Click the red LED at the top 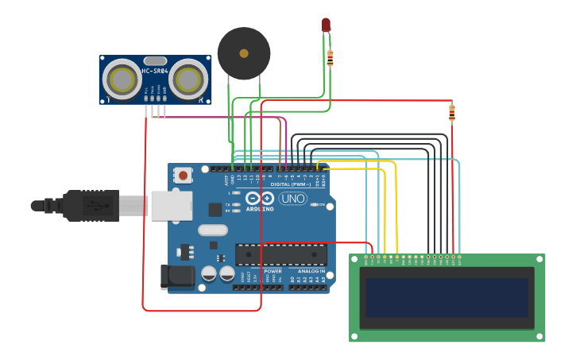[x=326, y=25]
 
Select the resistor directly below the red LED [x=331, y=58]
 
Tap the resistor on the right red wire [x=452, y=113]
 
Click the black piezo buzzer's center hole [x=244, y=54]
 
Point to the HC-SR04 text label [x=156, y=72]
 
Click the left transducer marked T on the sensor [x=122, y=79]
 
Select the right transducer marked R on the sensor [x=188, y=79]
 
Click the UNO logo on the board [x=292, y=199]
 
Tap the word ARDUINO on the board [x=260, y=209]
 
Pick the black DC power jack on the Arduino [x=176, y=277]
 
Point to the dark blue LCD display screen [x=447, y=297]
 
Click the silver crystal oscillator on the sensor [x=156, y=60]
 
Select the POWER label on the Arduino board [x=273, y=271]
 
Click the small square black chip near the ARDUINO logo [x=215, y=210]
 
